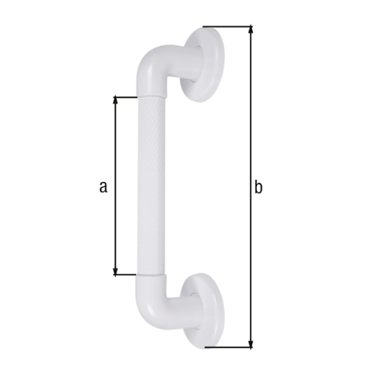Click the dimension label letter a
104,186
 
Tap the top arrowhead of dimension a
115,100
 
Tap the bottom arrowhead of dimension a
115,271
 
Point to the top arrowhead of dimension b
250,30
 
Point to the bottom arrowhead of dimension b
250,344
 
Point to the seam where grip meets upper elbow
151,96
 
